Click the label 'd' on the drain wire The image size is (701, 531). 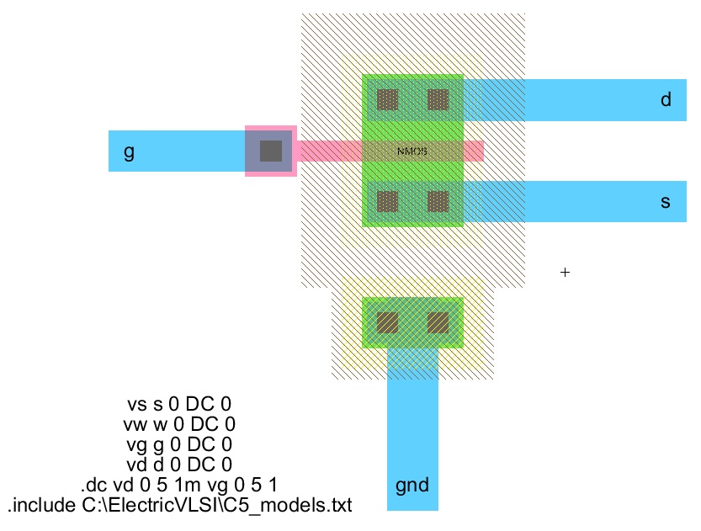click(x=666, y=100)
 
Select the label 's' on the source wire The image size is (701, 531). click(x=666, y=202)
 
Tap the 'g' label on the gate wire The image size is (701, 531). click(x=129, y=151)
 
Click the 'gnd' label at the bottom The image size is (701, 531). click(x=412, y=486)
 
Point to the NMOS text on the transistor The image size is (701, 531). click(x=412, y=151)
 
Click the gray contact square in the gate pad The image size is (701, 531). click(x=270, y=151)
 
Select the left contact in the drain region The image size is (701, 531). click(x=387, y=100)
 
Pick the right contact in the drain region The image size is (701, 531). click(x=438, y=100)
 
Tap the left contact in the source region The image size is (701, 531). click(x=387, y=202)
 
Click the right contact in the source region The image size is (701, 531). click(x=438, y=202)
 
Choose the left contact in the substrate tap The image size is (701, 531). click(x=387, y=322)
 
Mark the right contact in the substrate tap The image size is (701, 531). click(x=438, y=322)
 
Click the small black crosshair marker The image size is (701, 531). click(x=566, y=273)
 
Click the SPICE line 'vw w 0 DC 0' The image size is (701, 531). click(x=178, y=424)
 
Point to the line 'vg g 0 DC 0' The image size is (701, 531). click(x=178, y=444)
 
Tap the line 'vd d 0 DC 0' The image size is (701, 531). click(x=178, y=465)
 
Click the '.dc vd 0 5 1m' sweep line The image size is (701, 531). click(x=178, y=486)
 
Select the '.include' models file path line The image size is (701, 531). click(x=178, y=506)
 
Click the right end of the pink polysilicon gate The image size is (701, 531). click(x=478, y=151)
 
